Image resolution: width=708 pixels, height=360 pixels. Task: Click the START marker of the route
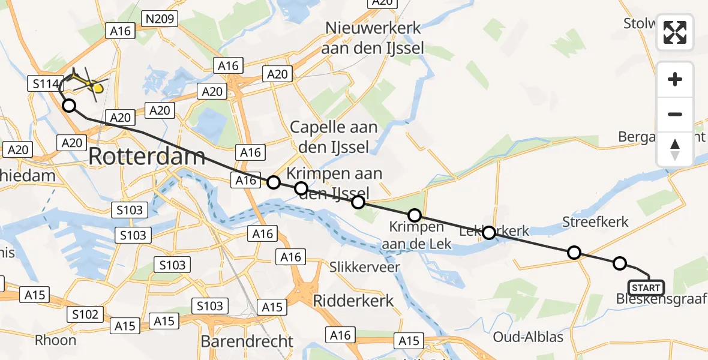(x=646, y=288)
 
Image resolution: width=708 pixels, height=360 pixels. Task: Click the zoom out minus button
(x=675, y=114)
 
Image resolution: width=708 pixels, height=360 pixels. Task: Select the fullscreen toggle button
(x=675, y=32)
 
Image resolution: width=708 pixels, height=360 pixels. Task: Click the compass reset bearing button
(x=675, y=149)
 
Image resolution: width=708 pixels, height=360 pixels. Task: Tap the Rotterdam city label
(x=147, y=157)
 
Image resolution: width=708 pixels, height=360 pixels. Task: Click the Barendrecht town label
(x=247, y=341)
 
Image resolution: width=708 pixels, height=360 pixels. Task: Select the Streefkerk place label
(x=595, y=222)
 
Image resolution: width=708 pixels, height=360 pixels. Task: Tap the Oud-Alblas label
(x=528, y=337)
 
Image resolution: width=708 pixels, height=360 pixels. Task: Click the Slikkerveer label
(x=365, y=267)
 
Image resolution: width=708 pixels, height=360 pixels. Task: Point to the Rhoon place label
(x=56, y=340)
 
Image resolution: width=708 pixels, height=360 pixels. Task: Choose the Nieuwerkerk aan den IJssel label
(x=373, y=38)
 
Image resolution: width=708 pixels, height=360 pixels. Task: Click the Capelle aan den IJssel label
(x=334, y=136)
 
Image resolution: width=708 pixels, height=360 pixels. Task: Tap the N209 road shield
(x=160, y=19)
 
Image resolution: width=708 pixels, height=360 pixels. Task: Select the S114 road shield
(x=44, y=85)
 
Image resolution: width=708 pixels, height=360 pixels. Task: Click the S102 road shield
(x=86, y=314)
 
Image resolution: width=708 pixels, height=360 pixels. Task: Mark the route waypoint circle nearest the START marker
(x=620, y=263)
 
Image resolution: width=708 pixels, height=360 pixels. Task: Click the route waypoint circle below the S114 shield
(x=69, y=106)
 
